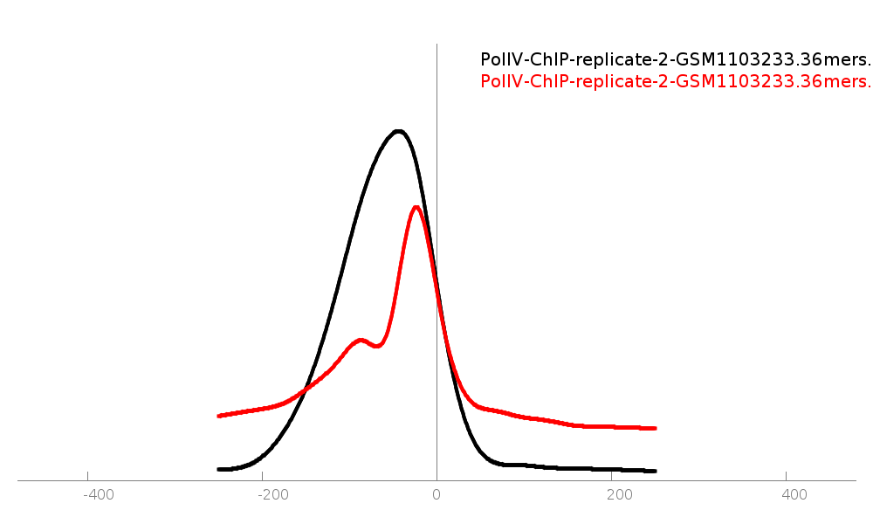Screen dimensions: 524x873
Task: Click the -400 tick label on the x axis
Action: point(98,495)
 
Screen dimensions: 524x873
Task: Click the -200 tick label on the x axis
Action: point(272,495)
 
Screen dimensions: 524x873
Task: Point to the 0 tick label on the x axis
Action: point(436,495)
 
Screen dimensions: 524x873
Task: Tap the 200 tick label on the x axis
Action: point(619,495)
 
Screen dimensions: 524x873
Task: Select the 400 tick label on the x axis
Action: point(794,495)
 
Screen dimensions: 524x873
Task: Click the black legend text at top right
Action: point(675,60)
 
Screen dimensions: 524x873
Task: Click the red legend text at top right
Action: point(675,82)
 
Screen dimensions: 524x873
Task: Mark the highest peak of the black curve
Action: point(399,132)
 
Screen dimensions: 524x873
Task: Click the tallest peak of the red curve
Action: point(417,208)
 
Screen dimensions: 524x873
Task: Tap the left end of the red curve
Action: point(218,416)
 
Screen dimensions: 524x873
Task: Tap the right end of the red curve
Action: point(655,428)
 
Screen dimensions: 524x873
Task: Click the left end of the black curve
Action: point(218,469)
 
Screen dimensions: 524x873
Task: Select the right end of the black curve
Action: point(655,471)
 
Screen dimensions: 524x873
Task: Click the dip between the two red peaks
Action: point(376,347)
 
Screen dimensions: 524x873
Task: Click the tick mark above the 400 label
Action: point(786,477)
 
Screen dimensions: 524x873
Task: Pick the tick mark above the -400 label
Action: point(87,477)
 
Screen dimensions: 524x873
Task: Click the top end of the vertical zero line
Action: point(436,45)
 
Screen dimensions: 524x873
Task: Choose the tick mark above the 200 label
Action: point(611,477)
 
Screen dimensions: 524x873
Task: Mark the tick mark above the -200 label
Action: point(262,477)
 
